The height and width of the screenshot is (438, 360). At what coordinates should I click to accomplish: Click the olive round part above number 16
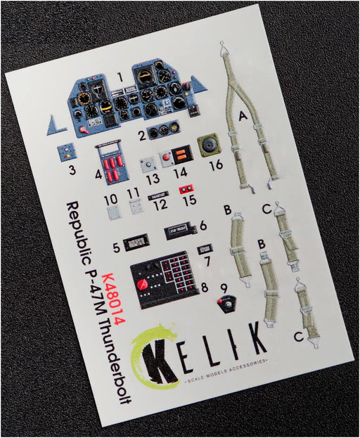tap(208, 145)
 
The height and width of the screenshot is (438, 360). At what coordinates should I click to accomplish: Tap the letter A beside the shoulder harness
tap(243, 115)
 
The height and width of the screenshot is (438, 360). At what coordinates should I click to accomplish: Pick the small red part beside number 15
tap(186, 190)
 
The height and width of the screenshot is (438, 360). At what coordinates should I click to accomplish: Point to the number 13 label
tap(153, 179)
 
